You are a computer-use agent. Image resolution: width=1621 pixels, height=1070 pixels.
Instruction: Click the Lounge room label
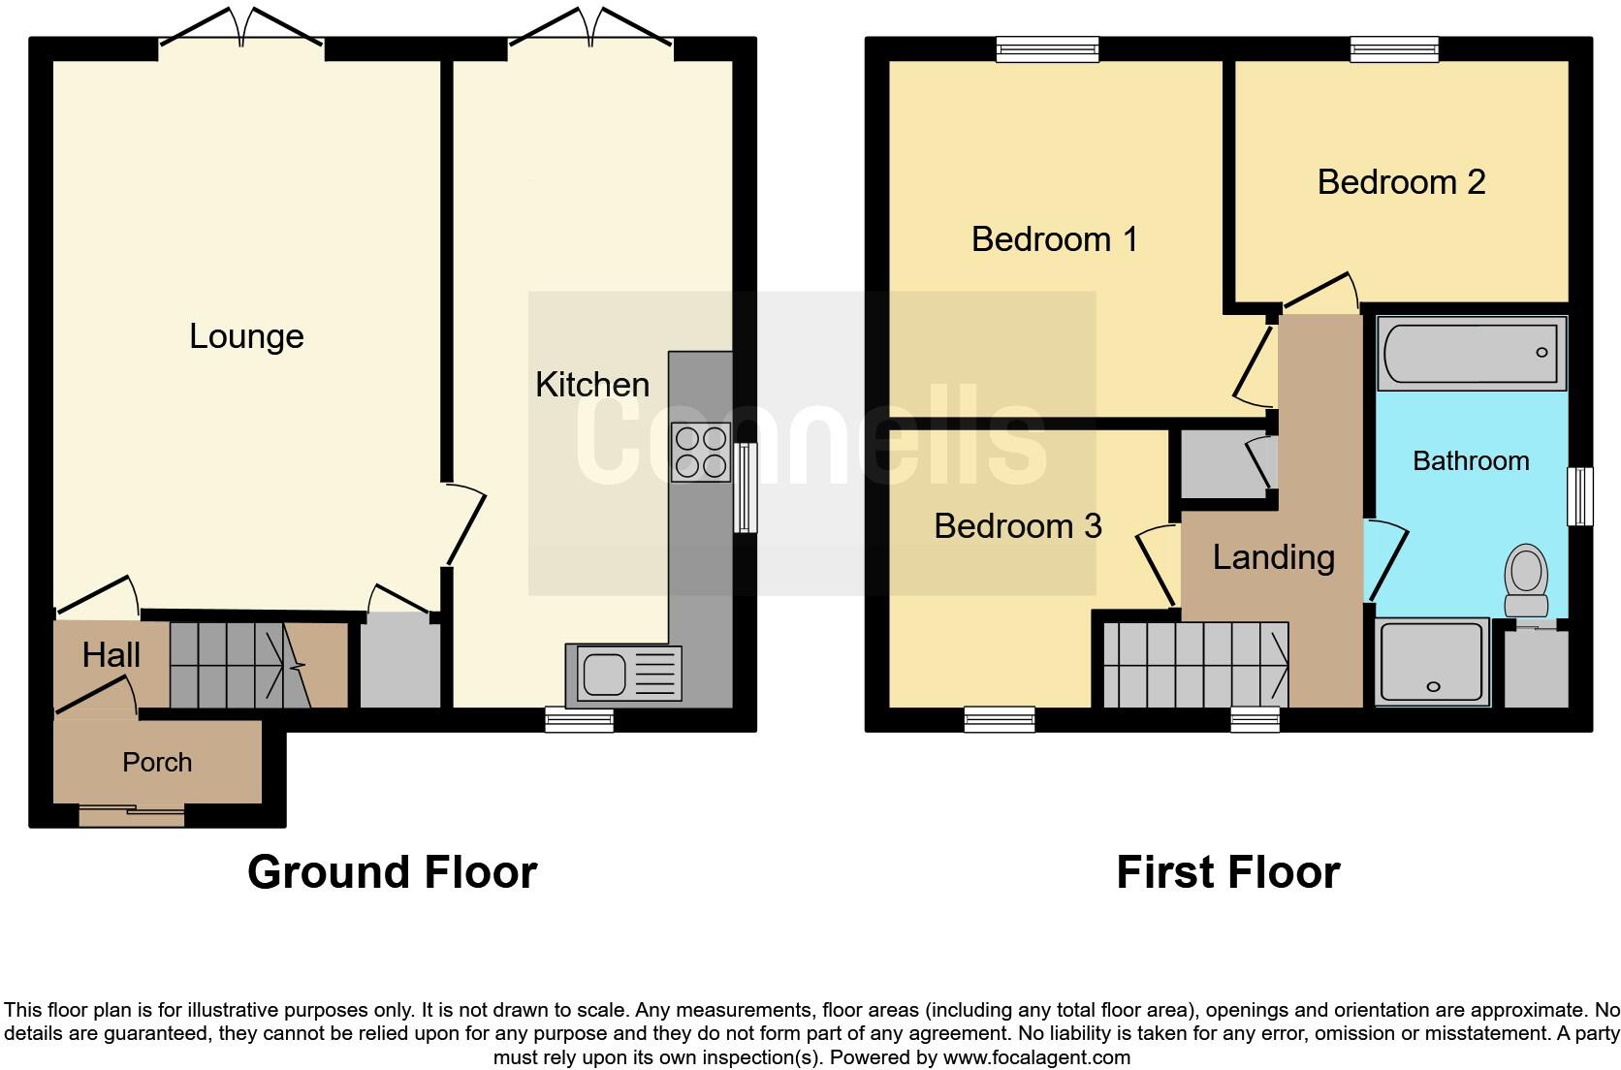pos(246,336)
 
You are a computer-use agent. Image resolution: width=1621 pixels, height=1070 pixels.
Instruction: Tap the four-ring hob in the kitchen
pos(701,453)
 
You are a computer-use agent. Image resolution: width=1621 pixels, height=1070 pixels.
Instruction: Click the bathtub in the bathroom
pos(1471,354)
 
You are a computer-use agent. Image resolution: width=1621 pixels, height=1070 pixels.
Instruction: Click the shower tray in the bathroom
pos(1432,661)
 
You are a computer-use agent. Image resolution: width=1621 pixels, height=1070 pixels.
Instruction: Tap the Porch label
pos(157,763)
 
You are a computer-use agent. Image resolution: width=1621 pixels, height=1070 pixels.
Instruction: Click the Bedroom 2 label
pos(1401,182)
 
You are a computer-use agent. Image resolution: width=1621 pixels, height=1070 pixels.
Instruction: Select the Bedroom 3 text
pos(1017,526)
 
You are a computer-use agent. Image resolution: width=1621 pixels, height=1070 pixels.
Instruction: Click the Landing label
pos(1273,557)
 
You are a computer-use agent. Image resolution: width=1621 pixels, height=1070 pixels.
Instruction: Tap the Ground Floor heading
pos(392,872)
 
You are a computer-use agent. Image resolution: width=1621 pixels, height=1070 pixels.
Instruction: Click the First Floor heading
pos(1227,872)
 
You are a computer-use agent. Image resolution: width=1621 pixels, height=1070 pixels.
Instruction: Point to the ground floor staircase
pos(238,665)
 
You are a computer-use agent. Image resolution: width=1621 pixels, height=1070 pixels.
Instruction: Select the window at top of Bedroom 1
pos(1048,48)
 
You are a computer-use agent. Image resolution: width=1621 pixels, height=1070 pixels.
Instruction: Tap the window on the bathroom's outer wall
pos(1580,496)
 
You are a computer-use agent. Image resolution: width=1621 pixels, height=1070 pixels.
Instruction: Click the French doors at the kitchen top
pos(591,29)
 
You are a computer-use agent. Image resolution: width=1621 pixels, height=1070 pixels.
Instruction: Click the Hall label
pos(111,656)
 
